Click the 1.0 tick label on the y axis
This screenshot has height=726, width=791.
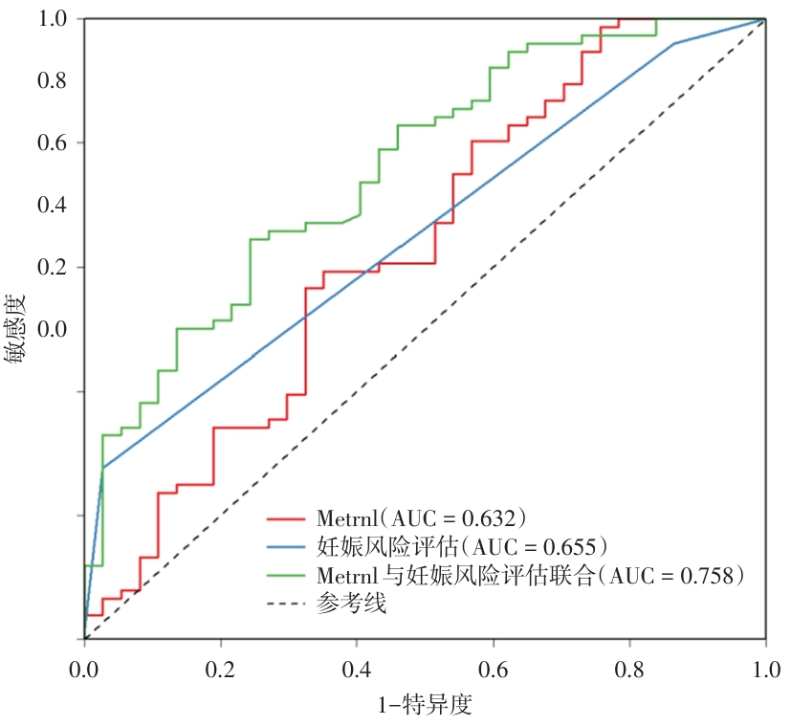pos(54,19)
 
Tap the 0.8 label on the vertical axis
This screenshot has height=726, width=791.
pos(54,81)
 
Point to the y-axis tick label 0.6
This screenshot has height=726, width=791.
pos(54,143)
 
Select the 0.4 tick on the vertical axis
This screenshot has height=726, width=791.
pos(54,205)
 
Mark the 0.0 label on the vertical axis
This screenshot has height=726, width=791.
pos(54,329)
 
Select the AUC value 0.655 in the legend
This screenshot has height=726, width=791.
pos(570,547)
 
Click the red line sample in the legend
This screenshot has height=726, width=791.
pos(286,519)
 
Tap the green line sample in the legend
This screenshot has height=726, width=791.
pos(286,576)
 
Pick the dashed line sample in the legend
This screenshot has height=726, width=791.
pos(286,605)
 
